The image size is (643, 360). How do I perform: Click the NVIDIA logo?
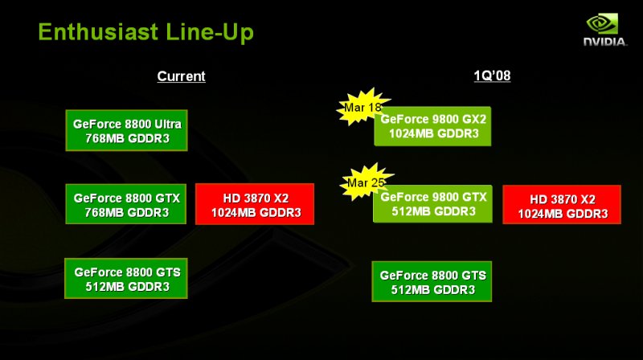coord(605,30)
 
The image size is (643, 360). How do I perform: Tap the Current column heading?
coord(182,76)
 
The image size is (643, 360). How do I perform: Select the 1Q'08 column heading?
coord(492,76)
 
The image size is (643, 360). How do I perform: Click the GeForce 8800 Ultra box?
coord(126,130)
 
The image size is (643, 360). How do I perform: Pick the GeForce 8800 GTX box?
coord(126,204)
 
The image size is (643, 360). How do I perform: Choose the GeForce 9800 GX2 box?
coord(432,126)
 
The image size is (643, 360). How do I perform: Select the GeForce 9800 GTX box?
coord(432,204)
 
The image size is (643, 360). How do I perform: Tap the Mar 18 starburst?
coord(362,107)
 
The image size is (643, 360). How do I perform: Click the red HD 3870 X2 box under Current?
coord(255,204)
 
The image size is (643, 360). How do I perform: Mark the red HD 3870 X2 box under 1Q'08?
coord(562,205)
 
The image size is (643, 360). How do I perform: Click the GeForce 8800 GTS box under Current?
coord(126,278)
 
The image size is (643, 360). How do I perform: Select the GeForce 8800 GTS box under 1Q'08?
coord(432,282)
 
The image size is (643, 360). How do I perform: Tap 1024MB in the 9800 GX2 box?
coord(411,133)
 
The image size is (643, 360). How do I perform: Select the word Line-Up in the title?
coord(210,33)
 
